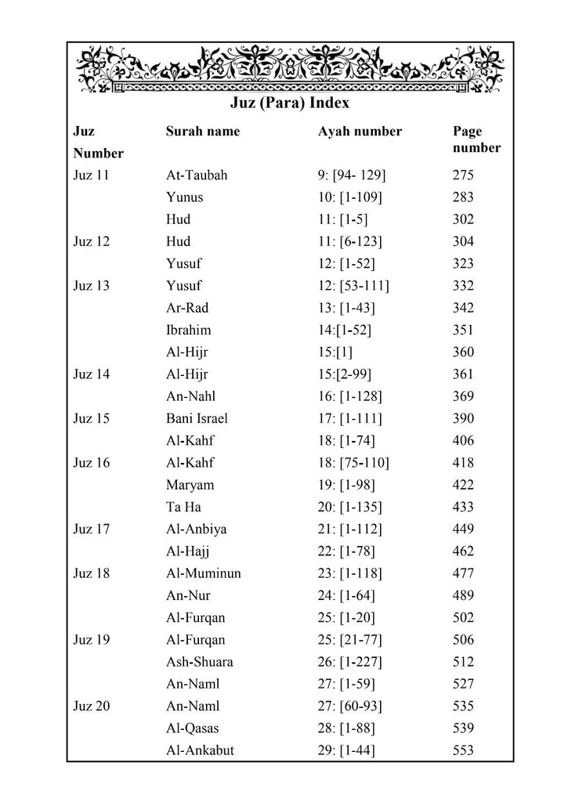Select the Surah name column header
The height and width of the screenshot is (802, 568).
pyautogui.click(x=203, y=132)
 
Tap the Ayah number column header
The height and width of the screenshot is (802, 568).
pyautogui.click(x=360, y=132)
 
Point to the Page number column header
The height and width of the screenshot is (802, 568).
pyautogui.click(x=476, y=139)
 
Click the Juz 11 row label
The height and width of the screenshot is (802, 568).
pyautogui.click(x=91, y=175)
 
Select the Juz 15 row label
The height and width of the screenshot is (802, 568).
pyautogui.click(x=91, y=418)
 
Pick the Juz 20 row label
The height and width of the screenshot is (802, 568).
pyautogui.click(x=91, y=706)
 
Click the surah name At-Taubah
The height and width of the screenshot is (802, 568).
pyautogui.click(x=197, y=175)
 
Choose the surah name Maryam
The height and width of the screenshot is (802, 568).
pyautogui.click(x=190, y=485)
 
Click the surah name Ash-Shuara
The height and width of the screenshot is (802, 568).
pyautogui.click(x=199, y=662)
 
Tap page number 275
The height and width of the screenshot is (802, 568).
pyautogui.click(x=463, y=175)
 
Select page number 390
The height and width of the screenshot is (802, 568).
pyautogui.click(x=463, y=418)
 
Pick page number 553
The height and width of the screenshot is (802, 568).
pyautogui.click(x=463, y=750)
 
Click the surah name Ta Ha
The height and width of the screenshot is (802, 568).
pyautogui.click(x=183, y=507)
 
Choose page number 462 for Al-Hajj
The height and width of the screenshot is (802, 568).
pyautogui.click(x=463, y=551)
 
